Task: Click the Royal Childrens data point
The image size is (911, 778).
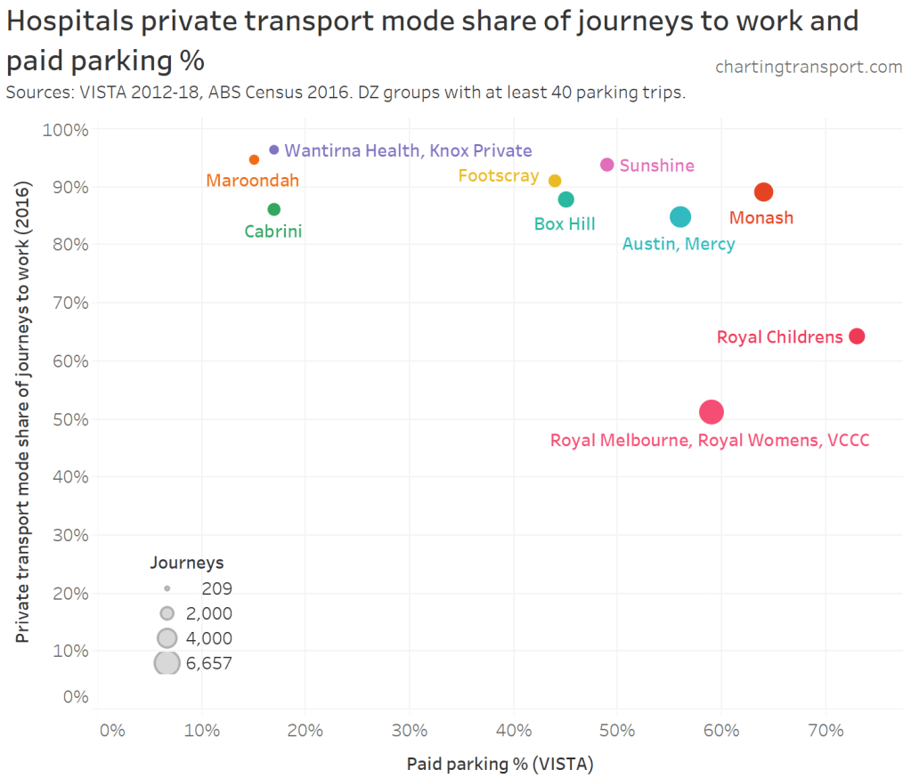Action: coord(857,336)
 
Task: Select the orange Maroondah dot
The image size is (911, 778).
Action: coord(254,159)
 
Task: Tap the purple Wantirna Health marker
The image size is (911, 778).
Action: coord(273,150)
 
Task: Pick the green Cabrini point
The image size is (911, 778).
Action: coord(273,209)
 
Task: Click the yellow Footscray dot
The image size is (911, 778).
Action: coord(555,181)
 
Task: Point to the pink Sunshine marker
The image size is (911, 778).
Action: coord(607,165)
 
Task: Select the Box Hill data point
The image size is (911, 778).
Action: coord(565,199)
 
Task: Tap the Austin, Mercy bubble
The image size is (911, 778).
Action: coord(680,217)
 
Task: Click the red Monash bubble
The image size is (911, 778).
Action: coord(763,192)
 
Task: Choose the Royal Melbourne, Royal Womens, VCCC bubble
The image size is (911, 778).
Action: coord(711,411)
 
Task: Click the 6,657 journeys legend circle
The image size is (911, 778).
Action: coord(167,662)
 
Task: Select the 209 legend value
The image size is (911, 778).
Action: coord(216,588)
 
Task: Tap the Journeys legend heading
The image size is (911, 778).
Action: coord(186,563)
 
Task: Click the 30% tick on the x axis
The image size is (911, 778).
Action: coord(409,732)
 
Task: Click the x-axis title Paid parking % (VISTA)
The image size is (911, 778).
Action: coord(500,764)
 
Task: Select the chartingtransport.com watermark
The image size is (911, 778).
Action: coord(809,67)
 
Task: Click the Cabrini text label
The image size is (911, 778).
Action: coord(273,231)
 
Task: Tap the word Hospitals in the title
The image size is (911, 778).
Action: coord(83,21)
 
